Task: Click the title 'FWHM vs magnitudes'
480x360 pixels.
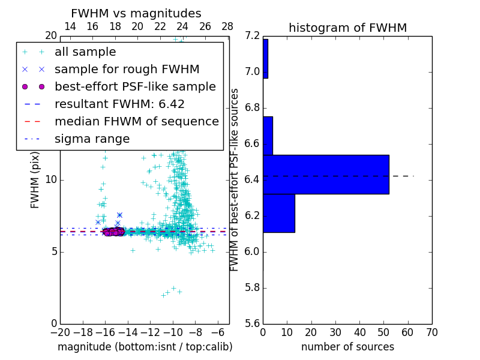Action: click(x=136, y=14)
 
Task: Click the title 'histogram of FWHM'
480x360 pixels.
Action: click(x=347, y=28)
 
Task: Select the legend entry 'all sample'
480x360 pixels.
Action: click(x=85, y=52)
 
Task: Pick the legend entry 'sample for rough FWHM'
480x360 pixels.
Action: click(x=127, y=69)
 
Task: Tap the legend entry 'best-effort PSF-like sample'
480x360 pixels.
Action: click(x=135, y=86)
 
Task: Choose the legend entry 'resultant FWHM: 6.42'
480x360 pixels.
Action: click(x=119, y=104)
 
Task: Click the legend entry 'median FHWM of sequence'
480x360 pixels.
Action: click(x=136, y=121)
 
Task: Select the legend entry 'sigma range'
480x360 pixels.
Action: click(x=92, y=139)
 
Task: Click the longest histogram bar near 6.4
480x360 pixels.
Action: click(x=326, y=175)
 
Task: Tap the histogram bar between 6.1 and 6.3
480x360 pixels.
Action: click(x=279, y=213)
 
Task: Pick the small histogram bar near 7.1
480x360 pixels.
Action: click(x=265, y=59)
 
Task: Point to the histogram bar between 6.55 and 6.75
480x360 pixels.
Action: click(x=268, y=136)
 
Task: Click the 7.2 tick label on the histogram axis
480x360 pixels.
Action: click(x=253, y=36)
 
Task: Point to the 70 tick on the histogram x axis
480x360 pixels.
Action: click(x=431, y=332)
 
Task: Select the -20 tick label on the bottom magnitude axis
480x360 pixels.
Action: click(x=60, y=332)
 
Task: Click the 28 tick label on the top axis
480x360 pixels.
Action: click(x=227, y=26)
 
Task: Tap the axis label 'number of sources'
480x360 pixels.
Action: click(x=347, y=347)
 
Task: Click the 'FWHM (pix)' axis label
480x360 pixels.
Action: click(x=35, y=180)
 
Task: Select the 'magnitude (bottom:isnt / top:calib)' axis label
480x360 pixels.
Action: click(x=145, y=347)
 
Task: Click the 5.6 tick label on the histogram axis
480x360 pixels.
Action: click(x=253, y=323)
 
